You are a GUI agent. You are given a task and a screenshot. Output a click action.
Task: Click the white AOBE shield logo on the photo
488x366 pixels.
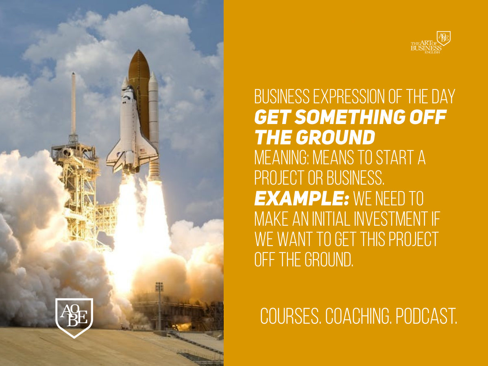click(x=74, y=318)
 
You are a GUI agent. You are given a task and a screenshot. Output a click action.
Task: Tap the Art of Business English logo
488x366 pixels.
click(x=431, y=42)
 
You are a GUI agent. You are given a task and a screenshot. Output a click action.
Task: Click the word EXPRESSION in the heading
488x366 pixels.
click(x=349, y=96)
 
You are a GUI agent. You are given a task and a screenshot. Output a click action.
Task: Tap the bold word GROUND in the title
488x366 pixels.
click(x=335, y=137)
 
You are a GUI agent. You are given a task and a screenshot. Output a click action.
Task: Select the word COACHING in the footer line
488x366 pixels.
click(x=357, y=316)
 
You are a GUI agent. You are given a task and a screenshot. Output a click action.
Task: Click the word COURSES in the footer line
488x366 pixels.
click(x=290, y=316)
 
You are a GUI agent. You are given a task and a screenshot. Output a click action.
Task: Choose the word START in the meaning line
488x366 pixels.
click(x=392, y=157)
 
